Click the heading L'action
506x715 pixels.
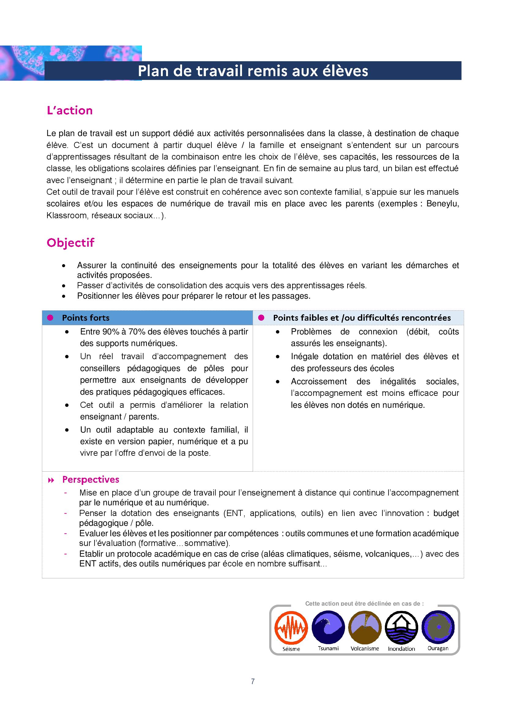pos(69,111)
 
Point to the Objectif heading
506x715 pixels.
pos(70,243)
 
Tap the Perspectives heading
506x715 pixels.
pos(91,480)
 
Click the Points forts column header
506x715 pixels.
pos(86,318)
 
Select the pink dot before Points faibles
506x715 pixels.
pos(261,318)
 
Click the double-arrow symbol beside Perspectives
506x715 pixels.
pos(51,480)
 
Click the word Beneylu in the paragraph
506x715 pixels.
pos(442,204)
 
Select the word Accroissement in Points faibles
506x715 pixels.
pos(319,381)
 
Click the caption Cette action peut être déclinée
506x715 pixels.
pos(364,603)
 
